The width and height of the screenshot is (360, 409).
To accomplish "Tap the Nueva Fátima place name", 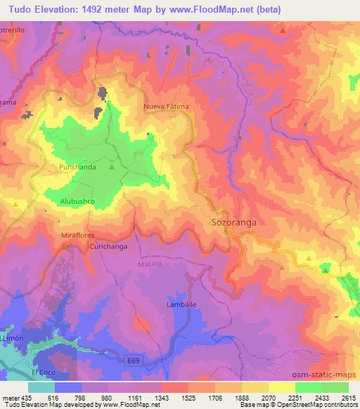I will [167, 106].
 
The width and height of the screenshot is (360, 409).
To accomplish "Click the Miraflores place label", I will [78, 236].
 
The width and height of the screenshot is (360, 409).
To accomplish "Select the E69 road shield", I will [134, 360].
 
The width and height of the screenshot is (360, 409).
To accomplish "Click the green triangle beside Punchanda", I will [111, 167].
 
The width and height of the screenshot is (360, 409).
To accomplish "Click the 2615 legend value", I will [349, 397].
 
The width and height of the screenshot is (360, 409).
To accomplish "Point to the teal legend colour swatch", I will [41, 387].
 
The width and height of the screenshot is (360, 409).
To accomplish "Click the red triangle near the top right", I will [282, 31].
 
